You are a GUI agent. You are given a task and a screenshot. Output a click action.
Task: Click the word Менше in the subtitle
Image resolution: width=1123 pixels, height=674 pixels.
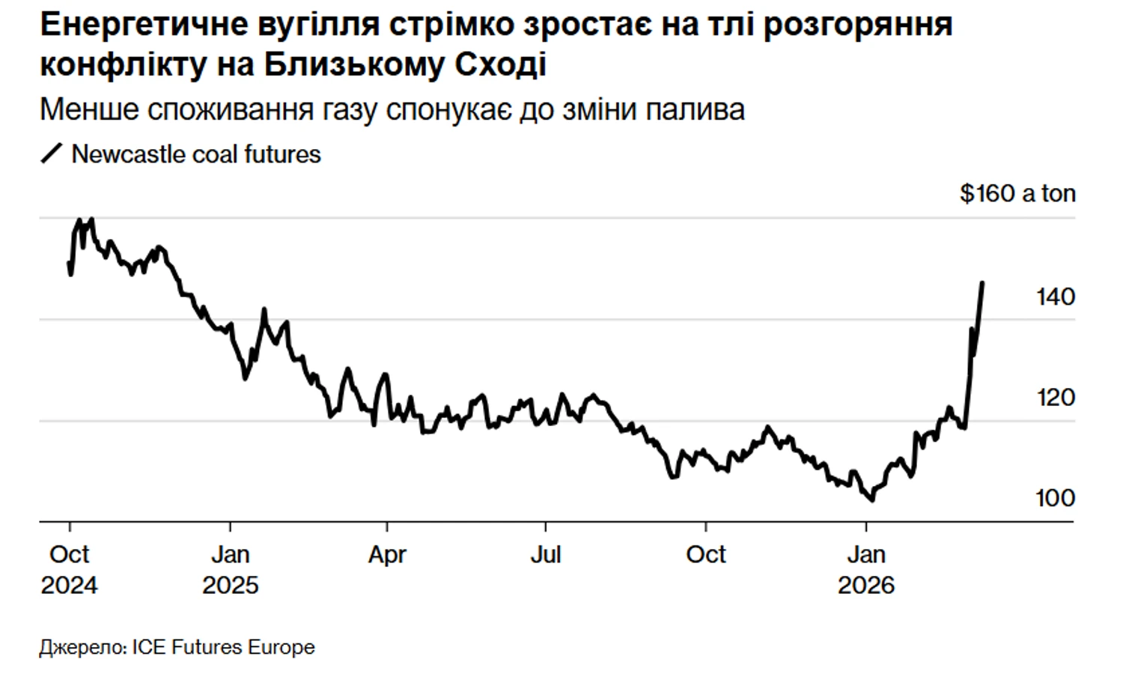click(x=89, y=110)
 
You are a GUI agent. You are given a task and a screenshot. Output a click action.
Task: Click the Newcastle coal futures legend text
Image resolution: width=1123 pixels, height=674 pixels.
click(x=196, y=154)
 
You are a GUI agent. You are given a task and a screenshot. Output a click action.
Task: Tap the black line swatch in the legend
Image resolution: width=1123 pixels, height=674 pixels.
click(x=52, y=154)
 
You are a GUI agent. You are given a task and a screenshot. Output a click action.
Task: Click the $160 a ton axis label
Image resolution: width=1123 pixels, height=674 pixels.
click(x=1017, y=193)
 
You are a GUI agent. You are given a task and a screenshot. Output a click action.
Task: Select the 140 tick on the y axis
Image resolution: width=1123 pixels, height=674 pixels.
click(x=1056, y=297)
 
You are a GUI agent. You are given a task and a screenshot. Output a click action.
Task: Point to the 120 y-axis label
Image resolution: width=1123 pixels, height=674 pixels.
click(x=1056, y=397)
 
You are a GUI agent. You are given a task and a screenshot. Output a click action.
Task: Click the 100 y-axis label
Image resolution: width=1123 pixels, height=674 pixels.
click(x=1056, y=498)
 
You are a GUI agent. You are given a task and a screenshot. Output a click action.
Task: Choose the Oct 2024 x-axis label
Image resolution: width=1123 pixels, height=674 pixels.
click(x=69, y=569)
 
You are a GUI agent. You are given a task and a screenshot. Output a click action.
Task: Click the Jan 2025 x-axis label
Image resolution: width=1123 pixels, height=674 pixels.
click(x=230, y=569)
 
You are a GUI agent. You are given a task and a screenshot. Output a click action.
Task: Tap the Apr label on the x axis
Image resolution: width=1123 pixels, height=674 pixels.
click(x=387, y=555)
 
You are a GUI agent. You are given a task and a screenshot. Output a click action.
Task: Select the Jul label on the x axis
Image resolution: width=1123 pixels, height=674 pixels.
click(x=546, y=555)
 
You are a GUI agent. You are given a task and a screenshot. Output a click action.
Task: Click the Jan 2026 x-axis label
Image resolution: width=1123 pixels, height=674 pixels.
click(x=866, y=569)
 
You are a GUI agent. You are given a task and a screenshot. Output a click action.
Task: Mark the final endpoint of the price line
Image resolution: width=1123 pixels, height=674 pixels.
click(x=982, y=283)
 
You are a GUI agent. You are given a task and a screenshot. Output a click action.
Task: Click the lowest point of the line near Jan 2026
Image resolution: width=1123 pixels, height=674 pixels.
click(x=871, y=500)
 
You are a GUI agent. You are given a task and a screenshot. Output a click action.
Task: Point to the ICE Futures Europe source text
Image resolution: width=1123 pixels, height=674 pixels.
click(x=224, y=647)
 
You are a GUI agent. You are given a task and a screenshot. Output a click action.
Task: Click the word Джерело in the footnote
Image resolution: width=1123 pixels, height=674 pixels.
click(x=82, y=647)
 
